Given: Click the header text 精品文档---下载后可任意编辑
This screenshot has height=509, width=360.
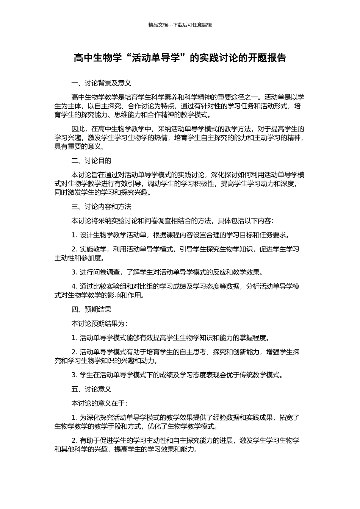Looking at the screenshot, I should point(180,25).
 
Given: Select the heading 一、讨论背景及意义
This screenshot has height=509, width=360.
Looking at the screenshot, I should point(101,83).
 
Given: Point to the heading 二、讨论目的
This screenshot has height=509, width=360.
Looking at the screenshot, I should point(91,161).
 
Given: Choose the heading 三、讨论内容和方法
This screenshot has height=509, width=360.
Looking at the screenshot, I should point(101,207).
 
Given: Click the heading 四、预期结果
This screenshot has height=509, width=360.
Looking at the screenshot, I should point(91,309).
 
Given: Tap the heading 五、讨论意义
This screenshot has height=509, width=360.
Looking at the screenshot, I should point(91,389).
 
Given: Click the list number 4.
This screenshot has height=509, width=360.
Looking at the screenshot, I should point(74,286).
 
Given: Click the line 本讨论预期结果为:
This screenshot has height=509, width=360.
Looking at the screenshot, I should point(99,323).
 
